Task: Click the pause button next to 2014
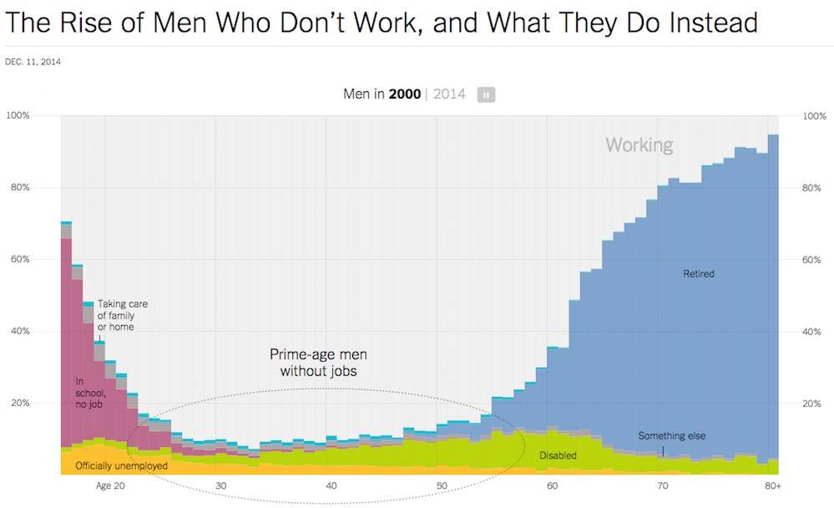point(486,94)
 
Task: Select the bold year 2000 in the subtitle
point(405,94)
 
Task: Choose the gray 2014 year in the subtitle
point(449,94)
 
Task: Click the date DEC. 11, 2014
point(33,62)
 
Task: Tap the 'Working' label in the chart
point(639,145)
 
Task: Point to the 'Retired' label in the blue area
point(699,273)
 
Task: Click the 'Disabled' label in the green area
point(558,455)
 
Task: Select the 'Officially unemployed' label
point(121,465)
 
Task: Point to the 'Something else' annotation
point(672,435)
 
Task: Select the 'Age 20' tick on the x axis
point(110,486)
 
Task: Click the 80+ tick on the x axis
point(772,486)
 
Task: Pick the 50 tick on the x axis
point(442,486)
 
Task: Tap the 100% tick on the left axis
point(18,115)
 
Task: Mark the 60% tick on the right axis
point(814,260)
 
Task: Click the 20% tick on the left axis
point(20,404)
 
